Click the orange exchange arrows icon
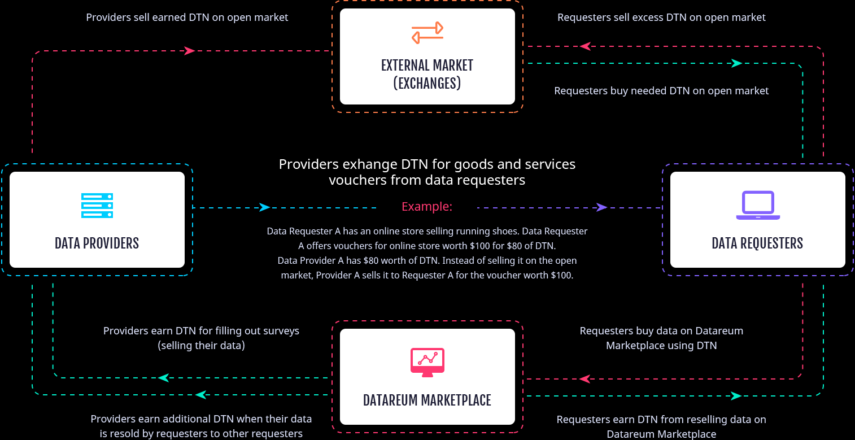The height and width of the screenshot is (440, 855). (428, 33)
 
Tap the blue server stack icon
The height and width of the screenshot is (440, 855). (97, 206)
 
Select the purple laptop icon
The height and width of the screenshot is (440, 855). (758, 206)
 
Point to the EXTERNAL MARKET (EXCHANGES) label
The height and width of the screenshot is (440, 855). (428, 74)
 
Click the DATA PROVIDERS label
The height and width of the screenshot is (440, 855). (97, 243)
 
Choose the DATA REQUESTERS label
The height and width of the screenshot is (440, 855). (757, 243)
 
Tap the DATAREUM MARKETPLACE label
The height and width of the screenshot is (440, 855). (427, 400)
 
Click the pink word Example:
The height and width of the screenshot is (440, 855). (427, 207)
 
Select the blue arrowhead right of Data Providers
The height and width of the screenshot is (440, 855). (264, 207)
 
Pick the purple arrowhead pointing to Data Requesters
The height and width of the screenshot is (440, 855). (602, 207)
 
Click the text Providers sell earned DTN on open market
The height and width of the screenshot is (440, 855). (187, 18)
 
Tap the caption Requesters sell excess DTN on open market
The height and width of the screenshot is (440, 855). (661, 18)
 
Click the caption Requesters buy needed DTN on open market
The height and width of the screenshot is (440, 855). (661, 91)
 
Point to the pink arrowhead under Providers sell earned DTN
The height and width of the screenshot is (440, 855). (190, 51)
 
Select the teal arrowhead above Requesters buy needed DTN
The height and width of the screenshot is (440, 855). (736, 63)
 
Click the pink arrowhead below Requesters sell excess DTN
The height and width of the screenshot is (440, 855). (585, 46)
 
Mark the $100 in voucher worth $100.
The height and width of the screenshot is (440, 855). (561, 276)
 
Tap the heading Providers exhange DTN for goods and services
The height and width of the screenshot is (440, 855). (427, 164)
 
